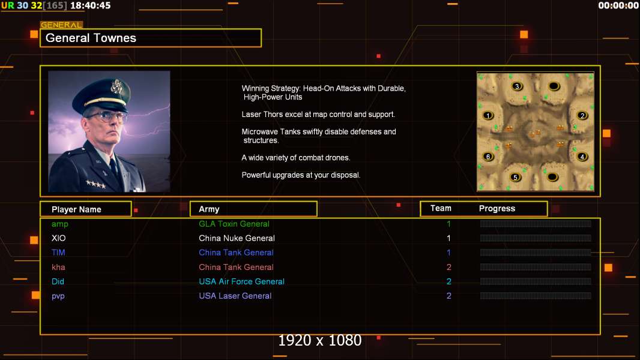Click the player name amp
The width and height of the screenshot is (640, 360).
click(59, 224)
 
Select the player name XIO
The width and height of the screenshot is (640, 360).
click(58, 238)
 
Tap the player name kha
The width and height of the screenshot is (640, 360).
click(58, 267)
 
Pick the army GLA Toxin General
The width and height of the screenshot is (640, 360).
click(234, 224)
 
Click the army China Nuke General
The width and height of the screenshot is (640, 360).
click(237, 238)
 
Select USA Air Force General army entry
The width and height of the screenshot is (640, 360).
click(241, 281)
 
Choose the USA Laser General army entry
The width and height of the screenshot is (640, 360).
click(235, 296)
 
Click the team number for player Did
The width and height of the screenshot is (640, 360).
click(448, 281)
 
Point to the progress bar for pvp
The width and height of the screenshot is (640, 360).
click(536, 296)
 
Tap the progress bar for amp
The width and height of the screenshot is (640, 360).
click(536, 223)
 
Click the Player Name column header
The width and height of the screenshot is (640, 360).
click(76, 209)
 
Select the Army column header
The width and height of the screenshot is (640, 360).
click(209, 209)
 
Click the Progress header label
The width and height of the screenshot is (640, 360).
click(497, 208)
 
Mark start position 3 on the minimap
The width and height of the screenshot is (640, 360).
click(517, 86)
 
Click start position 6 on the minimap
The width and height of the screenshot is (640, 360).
click(488, 157)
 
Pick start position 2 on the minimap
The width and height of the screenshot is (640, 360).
click(582, 115)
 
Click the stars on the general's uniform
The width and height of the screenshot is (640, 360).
click(96, 184)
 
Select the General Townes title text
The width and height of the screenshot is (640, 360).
click(91, 38)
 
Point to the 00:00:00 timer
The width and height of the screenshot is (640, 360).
click(618, 5)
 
